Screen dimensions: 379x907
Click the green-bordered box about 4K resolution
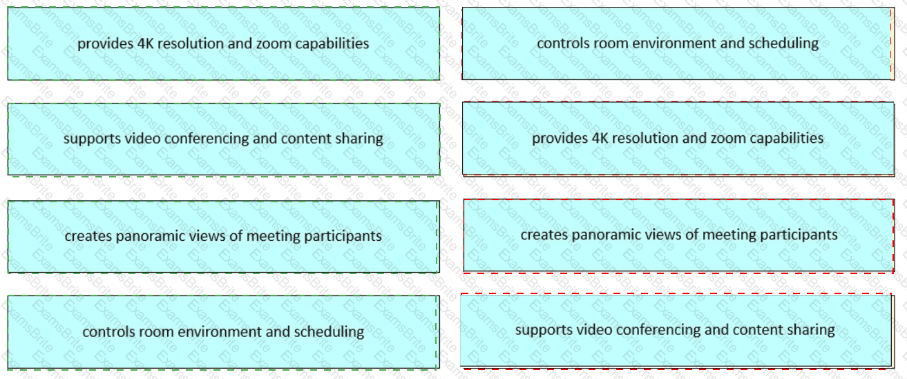pos(223,43)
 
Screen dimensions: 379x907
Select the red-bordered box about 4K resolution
pos(677,138)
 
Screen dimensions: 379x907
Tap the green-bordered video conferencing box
pos(223,139)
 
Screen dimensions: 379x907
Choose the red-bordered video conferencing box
pos(675,330)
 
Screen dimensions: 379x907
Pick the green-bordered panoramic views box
pos(223,236)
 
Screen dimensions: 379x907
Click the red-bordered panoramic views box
pos(678,235)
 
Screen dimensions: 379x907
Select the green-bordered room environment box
pos(223,331)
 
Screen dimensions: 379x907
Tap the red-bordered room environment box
pos(677,43)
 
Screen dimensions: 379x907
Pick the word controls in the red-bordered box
pos(561,43)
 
